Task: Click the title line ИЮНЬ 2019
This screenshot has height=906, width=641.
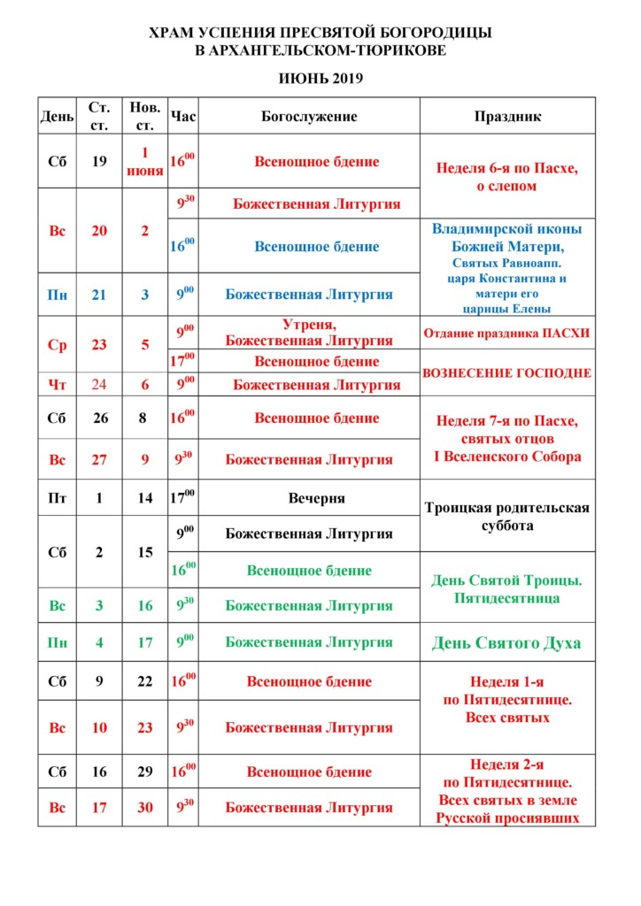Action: (320, 79)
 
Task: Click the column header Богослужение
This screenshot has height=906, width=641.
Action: (309, 117)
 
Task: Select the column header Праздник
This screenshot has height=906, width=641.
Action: (507, 117)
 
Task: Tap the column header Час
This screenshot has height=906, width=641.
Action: (183, 117)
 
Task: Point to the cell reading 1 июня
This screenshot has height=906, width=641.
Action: (145, 161)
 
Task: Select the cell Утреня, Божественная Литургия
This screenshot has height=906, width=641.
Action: (309, 333)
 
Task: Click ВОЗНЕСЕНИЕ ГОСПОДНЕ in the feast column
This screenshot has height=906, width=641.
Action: (507, 373)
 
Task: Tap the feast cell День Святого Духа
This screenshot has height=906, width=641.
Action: (507, 643)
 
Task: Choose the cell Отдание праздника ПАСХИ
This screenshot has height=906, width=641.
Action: (507, 333)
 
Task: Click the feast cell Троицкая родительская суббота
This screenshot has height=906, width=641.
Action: (507, 516)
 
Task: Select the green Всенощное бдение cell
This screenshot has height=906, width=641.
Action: (309, 571)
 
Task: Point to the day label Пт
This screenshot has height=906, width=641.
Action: (58, 498)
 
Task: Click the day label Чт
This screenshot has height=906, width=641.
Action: (58, 385)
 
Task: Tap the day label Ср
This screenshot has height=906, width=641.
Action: (58, 345)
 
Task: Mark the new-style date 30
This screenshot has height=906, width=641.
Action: (145, 807)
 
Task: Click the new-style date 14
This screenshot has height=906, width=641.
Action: (145, 498)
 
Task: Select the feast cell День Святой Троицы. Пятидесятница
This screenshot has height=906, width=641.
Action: (507, 589)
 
